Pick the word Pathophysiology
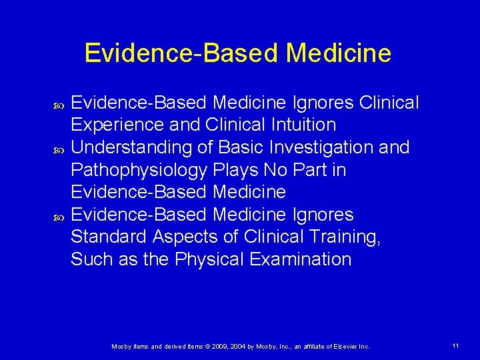(x=139, y=170)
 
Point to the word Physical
(x=213, y=259)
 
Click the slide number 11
(x=455, y=346)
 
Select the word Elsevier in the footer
(x=341, y=347)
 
